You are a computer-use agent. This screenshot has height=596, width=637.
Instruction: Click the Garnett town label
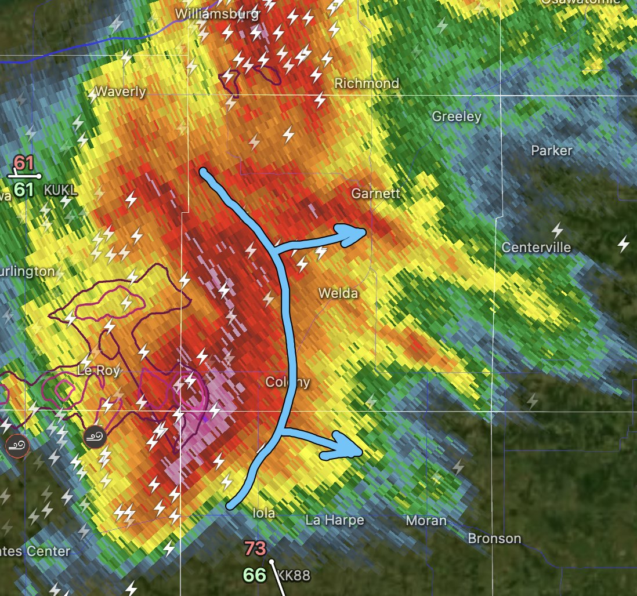376,193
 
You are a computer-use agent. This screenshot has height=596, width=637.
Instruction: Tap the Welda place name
338,293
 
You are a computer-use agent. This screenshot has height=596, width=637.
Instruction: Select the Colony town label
287,382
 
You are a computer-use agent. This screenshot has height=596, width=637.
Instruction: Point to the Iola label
264,513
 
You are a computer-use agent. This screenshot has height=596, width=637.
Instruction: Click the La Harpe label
335,520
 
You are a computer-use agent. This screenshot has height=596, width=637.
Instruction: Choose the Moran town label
426,521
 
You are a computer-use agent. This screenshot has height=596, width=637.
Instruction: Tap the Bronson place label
494,539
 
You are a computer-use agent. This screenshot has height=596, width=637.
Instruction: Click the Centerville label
536,248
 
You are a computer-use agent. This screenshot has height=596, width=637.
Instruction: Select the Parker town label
552,151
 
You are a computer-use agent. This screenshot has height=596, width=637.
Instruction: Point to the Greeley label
457,117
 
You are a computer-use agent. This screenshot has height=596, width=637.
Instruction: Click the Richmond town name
367,83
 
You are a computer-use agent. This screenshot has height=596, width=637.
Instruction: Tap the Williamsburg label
217,13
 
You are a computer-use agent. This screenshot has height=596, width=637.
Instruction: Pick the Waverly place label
121,92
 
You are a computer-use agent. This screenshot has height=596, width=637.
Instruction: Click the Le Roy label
99,370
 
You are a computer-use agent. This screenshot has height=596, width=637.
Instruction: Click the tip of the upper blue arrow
364,232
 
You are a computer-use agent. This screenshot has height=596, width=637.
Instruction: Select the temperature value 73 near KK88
255,548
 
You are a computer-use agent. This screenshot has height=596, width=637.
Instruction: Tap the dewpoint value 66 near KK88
255,575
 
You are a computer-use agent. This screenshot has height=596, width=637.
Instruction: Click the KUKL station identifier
61,190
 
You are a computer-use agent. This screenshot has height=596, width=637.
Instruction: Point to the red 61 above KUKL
24,162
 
